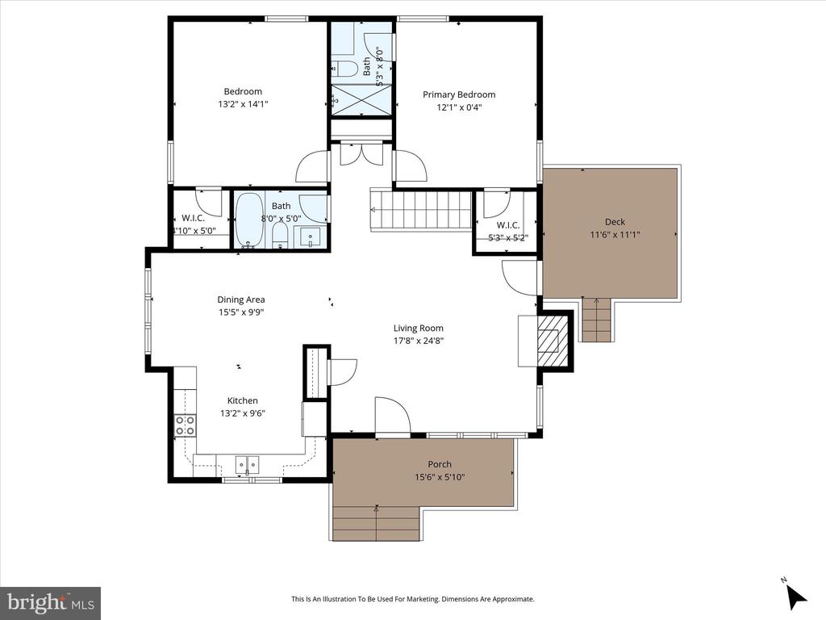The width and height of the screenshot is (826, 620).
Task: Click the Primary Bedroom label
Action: (459, 94)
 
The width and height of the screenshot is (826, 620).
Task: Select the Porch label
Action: (440, 464)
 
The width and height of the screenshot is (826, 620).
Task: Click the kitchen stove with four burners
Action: (185, 425)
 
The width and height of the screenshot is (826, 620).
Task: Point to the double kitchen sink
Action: (246, 464)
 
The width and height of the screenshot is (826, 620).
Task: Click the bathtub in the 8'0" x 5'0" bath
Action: (249, 219)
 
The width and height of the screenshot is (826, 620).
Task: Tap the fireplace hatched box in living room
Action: (554, 341)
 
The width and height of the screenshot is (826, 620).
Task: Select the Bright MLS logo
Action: (50, 602)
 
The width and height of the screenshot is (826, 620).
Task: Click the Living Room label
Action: (418, 328)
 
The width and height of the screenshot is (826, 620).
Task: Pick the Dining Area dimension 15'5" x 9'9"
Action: (240, 312)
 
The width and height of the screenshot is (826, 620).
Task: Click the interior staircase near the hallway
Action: (420, 209)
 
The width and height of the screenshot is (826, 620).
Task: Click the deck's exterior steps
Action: (597, 320)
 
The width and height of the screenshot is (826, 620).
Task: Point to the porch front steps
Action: (375, 524)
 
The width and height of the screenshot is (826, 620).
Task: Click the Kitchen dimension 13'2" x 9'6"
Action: (242, 413)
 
